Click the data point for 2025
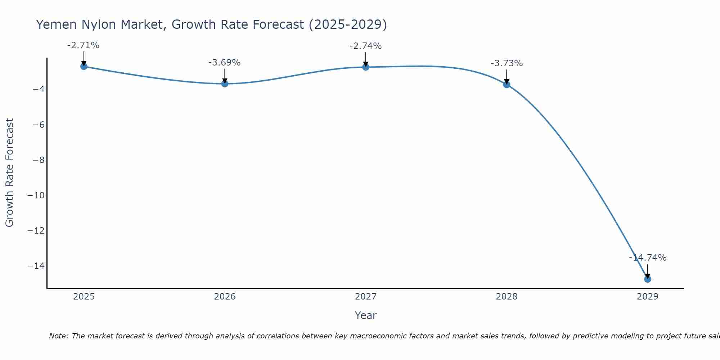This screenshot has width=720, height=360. tap(84, 66)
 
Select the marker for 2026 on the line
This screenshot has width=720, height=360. tap(225, 84)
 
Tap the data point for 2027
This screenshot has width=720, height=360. tap(366, 67)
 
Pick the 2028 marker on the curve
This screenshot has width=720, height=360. tap(507, 85)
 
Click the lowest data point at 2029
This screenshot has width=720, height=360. tap(647, 279)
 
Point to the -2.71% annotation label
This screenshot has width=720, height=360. tap(83, 45)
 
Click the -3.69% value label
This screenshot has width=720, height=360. tap(224, 63)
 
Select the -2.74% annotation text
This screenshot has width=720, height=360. tap(365, 46)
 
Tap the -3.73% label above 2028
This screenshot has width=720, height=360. tap(507, 63)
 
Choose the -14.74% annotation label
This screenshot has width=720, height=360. tap(648, 258)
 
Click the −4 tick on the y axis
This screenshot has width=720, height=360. tap(39, 89)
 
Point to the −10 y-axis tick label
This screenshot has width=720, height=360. tap(36, 195)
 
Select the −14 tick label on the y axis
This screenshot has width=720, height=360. tap(36, 266)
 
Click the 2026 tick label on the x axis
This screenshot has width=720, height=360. tap(225, 297)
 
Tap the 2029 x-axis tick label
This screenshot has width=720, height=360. tap(647, 297)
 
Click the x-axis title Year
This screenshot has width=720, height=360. tap(365, 315)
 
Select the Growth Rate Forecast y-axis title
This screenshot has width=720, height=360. tap(9, 173)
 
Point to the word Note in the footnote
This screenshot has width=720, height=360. tap(58, 336)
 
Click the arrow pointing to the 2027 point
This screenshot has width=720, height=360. tap(366, 58)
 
